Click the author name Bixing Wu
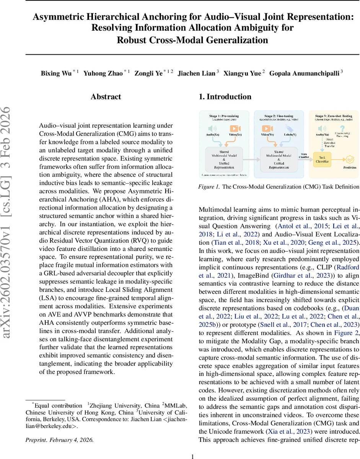56,73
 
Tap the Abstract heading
106,97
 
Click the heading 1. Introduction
225,97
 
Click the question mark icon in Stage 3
342,129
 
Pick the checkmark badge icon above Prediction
350,158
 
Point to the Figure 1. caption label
209,187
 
